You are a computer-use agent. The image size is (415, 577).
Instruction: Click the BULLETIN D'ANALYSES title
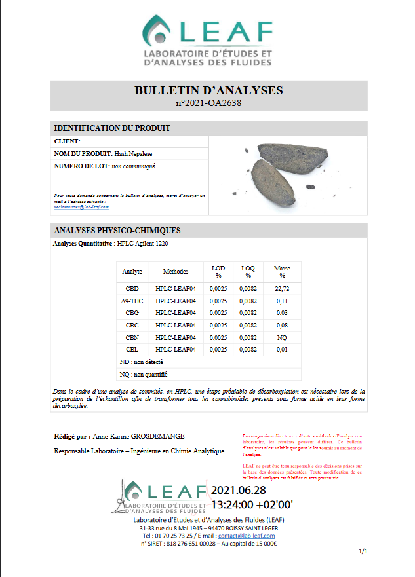tap(208, 90)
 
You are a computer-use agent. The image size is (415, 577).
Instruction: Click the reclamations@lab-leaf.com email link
tap(81, 206)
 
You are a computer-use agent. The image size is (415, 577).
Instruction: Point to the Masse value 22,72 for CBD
tap(282, 288)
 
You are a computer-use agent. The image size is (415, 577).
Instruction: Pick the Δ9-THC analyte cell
tap(132, 301)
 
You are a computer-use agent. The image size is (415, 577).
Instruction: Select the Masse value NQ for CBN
tap(282, 337)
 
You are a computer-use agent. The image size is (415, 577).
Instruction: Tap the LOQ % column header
tap(247, 271)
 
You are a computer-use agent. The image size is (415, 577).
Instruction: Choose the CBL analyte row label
tap(132, 350)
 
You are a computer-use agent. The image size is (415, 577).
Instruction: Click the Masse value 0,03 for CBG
tap(282, 313)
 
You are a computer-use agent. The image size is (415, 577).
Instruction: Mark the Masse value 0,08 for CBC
tap(282, 325)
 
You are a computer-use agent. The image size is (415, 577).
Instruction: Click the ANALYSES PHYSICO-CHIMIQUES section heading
tap(117, 231)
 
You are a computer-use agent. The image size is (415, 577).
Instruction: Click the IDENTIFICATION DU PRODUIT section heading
tap(112, 128)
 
